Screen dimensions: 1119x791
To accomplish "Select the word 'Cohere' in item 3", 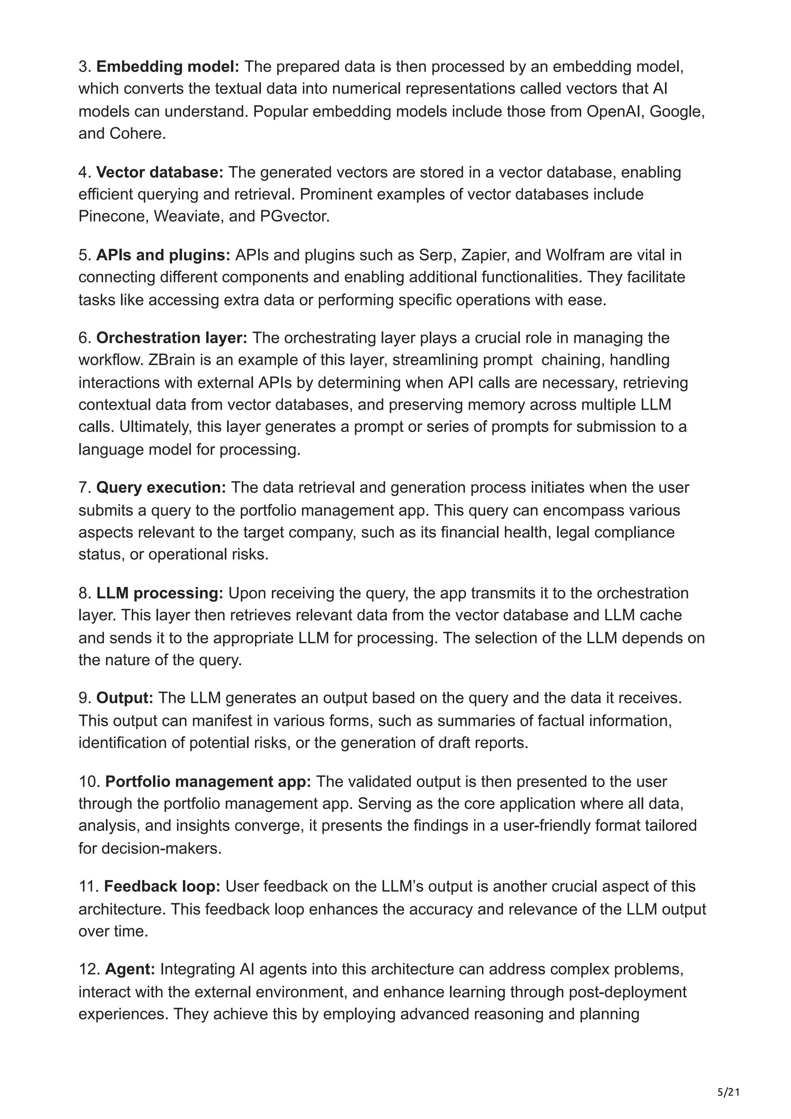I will click(x=136, y=134).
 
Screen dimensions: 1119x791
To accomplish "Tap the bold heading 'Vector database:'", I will click(x=160, y=173).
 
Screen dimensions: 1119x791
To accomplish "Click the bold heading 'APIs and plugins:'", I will click(x=163, y=255).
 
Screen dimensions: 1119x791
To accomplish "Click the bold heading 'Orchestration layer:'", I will click(x=171, y=338).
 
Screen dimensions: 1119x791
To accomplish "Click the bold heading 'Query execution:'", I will click(x=161, y=488).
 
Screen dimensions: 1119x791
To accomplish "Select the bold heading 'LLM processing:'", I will click(x=160, y=593).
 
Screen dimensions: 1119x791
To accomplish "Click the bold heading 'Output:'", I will click(x=125, y=699).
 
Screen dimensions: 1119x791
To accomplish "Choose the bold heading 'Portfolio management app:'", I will click(x=208, y=782).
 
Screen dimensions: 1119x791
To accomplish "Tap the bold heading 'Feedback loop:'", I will click(x=162, y=887).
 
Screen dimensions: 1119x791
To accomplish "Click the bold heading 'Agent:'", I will click(x=130, y=970).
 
